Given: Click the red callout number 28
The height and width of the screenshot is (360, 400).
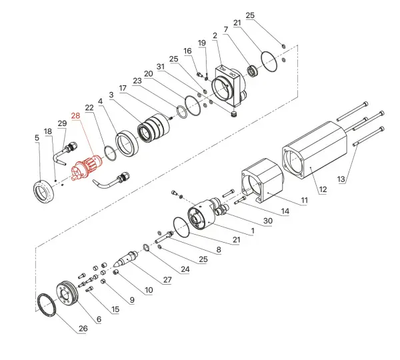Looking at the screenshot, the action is [x=75, y=116].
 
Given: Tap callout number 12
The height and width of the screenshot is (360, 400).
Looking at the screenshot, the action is [x=323, y=189].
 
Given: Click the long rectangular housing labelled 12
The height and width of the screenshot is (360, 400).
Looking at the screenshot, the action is [x=315, y=150].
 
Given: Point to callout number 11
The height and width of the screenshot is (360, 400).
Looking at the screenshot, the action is [x=305, y=200].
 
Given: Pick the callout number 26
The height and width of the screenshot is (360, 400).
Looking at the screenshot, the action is [x=83, y=329].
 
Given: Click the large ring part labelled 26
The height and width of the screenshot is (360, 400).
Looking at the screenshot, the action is [x=47, y=305].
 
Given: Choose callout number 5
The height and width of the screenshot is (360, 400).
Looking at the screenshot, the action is [x=37, y=138].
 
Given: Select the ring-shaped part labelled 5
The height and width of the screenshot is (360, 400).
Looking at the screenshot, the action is [x=43, y=192].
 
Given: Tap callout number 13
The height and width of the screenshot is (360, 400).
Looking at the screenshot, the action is [x=341, y=179].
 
